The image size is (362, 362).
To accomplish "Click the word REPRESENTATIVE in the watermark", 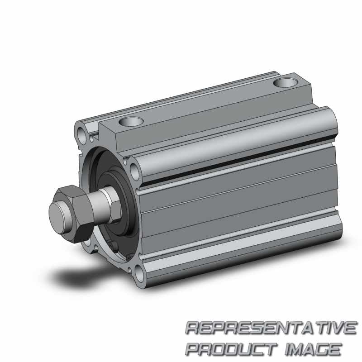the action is [271, 328].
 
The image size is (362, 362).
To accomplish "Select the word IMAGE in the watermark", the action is [313, 349].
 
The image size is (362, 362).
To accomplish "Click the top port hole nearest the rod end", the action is [131, 121].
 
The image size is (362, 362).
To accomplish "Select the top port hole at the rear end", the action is [286, 82].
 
